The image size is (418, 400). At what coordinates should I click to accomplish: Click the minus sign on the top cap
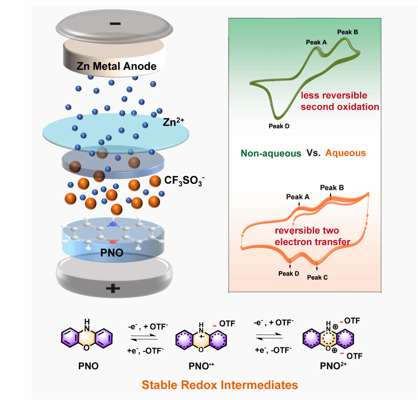pyautogui.click(x=115, y=23)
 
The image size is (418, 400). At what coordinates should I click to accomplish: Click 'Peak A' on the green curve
pyautogui.click(x=316, y=42)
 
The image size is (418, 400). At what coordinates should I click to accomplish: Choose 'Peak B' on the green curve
pyautogui.click(x=348, y=32)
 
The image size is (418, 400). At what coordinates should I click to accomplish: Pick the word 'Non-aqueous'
pyautogui.click(x=272, y=154)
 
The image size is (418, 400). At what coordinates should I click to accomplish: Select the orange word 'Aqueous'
pyautogui.click(x=346, y=154)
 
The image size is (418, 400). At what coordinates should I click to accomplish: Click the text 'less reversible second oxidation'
pyautogui.click(x=340, y=102)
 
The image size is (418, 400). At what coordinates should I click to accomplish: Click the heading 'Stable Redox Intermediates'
pyautogui.click(x=220, y=385)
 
